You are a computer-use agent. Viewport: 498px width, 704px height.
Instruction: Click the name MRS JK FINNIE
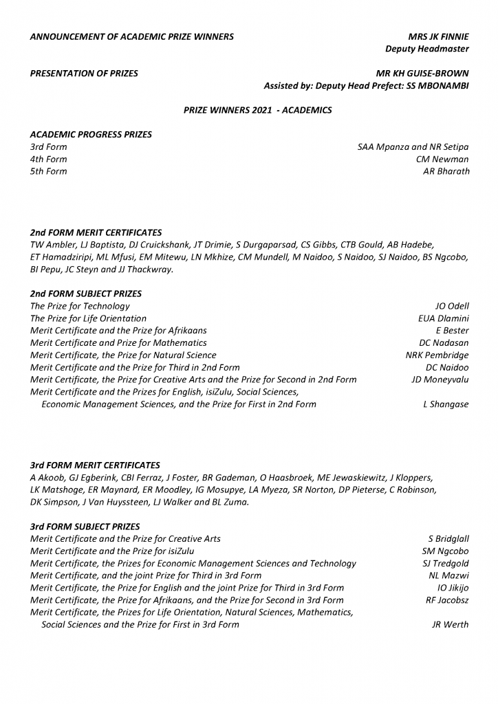[438, 36]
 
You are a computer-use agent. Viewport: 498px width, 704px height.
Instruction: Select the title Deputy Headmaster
[427, 49]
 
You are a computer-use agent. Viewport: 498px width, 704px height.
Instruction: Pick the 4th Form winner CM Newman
[443, 159]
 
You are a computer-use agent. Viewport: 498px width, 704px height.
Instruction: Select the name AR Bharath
[446, 171]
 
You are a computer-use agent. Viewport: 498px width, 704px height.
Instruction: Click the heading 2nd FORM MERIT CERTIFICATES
[96, 232]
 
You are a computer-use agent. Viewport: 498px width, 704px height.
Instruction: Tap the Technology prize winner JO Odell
[452, 306]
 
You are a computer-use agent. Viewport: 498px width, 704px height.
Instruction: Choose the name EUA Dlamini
[444, 318]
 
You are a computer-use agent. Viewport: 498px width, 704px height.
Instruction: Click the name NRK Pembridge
[437, 355]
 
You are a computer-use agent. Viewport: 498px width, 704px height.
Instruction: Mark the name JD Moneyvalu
[440, 379]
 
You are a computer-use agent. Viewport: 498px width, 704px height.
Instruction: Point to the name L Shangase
[446, 404]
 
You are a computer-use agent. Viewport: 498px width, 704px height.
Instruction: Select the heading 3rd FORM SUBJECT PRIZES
[85, 527]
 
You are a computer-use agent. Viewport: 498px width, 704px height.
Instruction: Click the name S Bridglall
[448, 539]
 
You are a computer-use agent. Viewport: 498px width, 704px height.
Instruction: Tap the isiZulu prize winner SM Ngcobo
[445, 551]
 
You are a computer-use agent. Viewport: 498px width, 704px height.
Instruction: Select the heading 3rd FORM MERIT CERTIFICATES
[96, 465]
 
